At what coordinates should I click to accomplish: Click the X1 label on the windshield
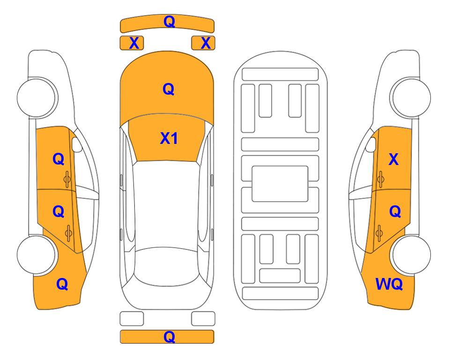point(169,138)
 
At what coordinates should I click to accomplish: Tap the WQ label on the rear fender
point(389,284)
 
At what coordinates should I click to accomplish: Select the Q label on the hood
point(169,89)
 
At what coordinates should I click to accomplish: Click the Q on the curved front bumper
point(169,22)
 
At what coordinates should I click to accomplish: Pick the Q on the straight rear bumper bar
point(169,337)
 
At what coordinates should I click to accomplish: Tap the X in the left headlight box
point(134,43)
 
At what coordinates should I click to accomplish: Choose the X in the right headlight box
point(206,43)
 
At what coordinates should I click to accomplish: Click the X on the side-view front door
point(393,159)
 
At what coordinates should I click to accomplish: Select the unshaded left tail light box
point(132,319)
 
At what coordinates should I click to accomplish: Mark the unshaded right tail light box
point(203,319)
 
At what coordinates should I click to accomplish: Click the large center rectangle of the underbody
point(280,184)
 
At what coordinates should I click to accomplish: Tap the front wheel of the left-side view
point(37,97)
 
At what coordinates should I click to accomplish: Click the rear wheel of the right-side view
point(410,255)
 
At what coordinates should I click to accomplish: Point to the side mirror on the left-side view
point(76,144)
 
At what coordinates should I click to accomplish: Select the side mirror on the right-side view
point(371,144)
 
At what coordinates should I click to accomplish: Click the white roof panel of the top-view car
point(167,206)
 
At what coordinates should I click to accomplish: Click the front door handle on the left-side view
point(67,179)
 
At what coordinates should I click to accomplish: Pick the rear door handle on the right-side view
point(379,233)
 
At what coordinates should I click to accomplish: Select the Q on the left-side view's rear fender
point(62,284)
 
